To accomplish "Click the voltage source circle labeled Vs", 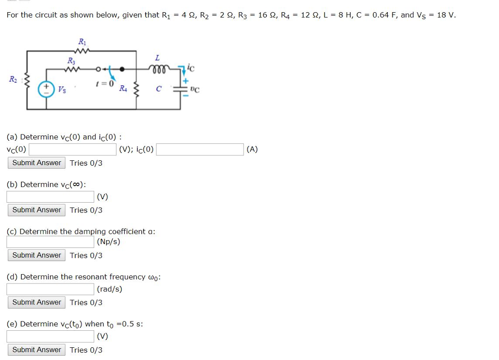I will [47, 89].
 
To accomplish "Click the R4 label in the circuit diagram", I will [123, 89].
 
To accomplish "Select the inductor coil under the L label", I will [157, 69].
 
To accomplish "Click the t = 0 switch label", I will [105, 83].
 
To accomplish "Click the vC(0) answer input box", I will [73, 150].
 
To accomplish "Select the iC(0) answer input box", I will [200, 150].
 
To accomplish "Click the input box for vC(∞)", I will [50, 197].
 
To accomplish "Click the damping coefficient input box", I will [50, 242].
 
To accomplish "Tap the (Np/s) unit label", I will [109, 242].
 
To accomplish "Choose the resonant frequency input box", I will [50, 289].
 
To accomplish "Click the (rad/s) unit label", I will [110, 289].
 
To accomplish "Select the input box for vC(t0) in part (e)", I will [50, 336].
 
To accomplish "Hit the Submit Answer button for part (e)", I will [37, 350].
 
